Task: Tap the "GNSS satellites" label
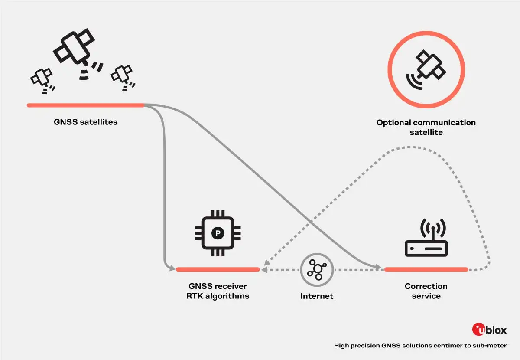86,122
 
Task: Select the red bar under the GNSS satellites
85,105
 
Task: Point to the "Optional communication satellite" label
426,128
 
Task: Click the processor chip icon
218,233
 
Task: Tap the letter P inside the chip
218,233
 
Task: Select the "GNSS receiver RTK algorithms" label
218,291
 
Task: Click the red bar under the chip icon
218,269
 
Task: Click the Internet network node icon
317,269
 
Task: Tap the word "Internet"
317,296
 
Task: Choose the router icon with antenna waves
426,239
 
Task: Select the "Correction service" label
426,291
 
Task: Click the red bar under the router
426,269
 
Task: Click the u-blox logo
489,330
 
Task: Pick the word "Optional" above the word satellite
393,123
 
